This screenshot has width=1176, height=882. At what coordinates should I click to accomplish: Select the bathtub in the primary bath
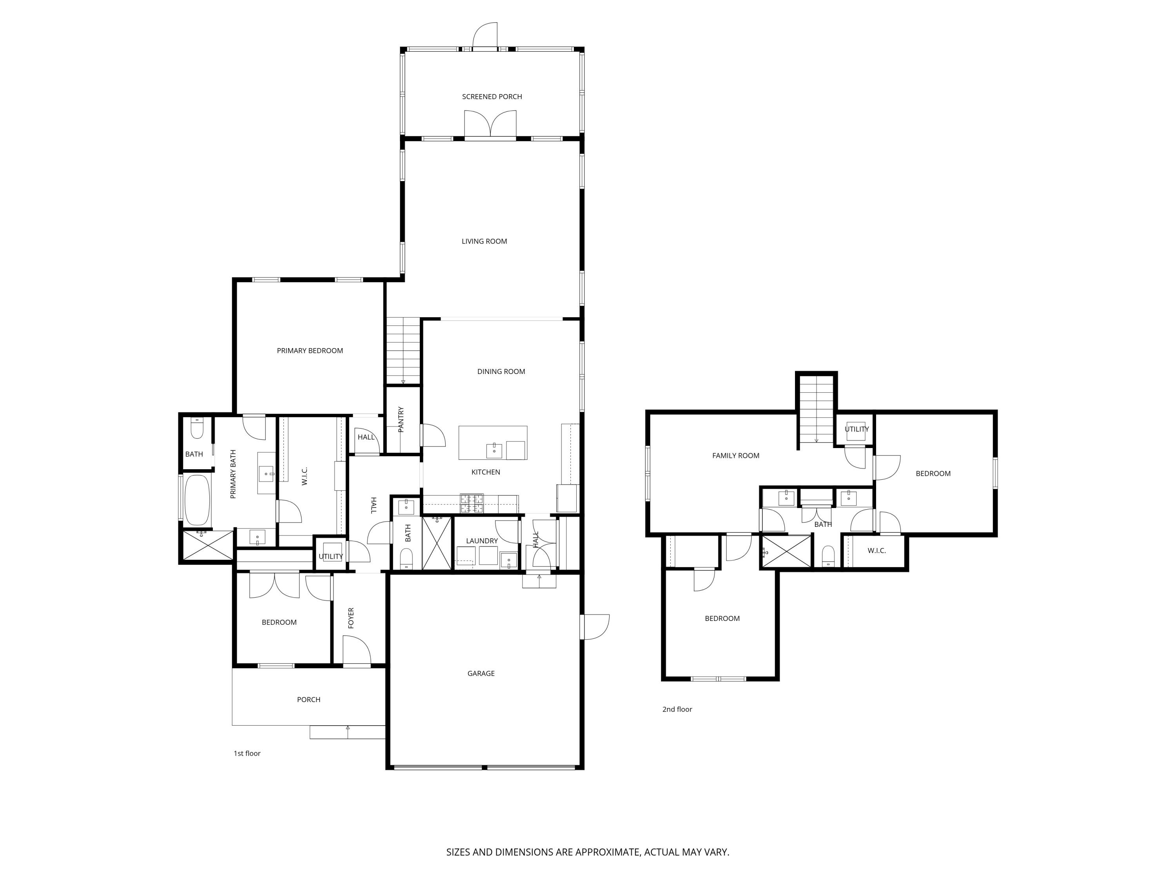197,500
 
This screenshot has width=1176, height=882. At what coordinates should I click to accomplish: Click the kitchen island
493,442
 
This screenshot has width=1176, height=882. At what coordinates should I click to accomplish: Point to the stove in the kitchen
472,503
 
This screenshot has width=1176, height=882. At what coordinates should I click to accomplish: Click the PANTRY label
401,419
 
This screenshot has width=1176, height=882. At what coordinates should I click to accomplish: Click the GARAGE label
481,673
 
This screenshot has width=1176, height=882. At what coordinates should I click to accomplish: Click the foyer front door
357,651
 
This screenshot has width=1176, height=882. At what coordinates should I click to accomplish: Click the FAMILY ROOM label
735,456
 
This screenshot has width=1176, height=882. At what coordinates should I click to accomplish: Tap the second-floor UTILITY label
857,429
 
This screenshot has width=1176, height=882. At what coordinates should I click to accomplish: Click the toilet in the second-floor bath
828,556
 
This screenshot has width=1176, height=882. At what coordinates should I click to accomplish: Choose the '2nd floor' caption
677,709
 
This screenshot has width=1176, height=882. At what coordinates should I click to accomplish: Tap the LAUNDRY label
482,541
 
